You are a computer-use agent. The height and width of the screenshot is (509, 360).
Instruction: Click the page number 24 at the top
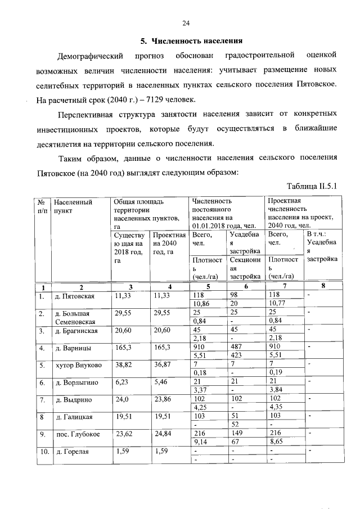click(186, 23)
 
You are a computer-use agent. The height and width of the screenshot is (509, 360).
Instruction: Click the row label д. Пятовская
click(74, 296)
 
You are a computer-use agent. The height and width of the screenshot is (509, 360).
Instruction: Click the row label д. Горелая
click(73, 452)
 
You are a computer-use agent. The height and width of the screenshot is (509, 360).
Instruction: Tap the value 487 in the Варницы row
click(237, 349)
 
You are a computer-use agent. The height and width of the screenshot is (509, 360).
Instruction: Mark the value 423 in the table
click(237, 356)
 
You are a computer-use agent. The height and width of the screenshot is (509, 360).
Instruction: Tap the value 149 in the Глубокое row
click(237, 434)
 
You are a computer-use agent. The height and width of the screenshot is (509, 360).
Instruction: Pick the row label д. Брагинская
click(76, 331)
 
